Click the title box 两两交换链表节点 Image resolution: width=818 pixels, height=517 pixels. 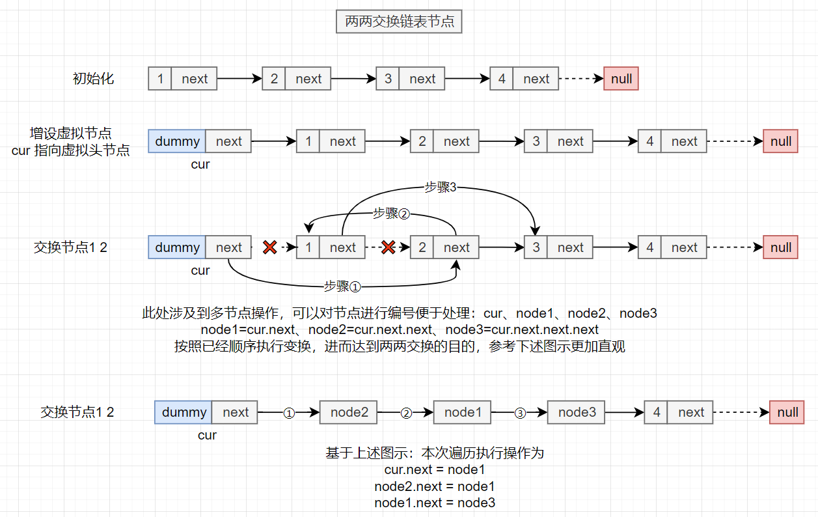click(x=399, y=22)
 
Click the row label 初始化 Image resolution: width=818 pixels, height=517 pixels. click(x=93, y=79)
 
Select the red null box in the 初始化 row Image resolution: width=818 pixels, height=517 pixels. click(x=621, y=79)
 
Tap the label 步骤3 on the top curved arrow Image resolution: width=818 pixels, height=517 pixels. click(x=441, y=187)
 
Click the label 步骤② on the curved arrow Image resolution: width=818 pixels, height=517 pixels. click(x=390, y=213)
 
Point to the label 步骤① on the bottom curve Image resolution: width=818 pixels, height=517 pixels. click(x=342, y=285)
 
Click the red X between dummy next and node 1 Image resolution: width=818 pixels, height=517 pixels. click(x=270, y=247)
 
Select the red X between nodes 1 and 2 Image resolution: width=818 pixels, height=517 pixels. click(x=388, y=247)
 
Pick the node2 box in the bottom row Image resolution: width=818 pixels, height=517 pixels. click(x=349, y=412)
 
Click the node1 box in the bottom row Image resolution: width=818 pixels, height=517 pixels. click(x=463, y=412)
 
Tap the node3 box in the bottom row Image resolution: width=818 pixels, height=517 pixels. click(x=577, y=412)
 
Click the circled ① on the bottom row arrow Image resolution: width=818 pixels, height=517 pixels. click(x=289, y=413)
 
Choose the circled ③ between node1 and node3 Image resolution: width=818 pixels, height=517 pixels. click(x=519, y=413)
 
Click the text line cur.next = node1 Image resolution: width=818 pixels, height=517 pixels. click(x=435, y=469)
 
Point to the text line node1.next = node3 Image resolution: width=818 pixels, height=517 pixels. click(x=435, y=503)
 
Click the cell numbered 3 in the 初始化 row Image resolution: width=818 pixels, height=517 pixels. click(x=388, y=79)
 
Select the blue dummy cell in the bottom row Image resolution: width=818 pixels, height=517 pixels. click(x=184, y=412)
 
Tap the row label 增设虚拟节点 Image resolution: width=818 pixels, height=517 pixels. click(x=71, y=134)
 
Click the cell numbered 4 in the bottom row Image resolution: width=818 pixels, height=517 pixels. click(x=656, y=412)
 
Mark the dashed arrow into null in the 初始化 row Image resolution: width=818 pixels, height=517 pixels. click(x=580, y=79)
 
